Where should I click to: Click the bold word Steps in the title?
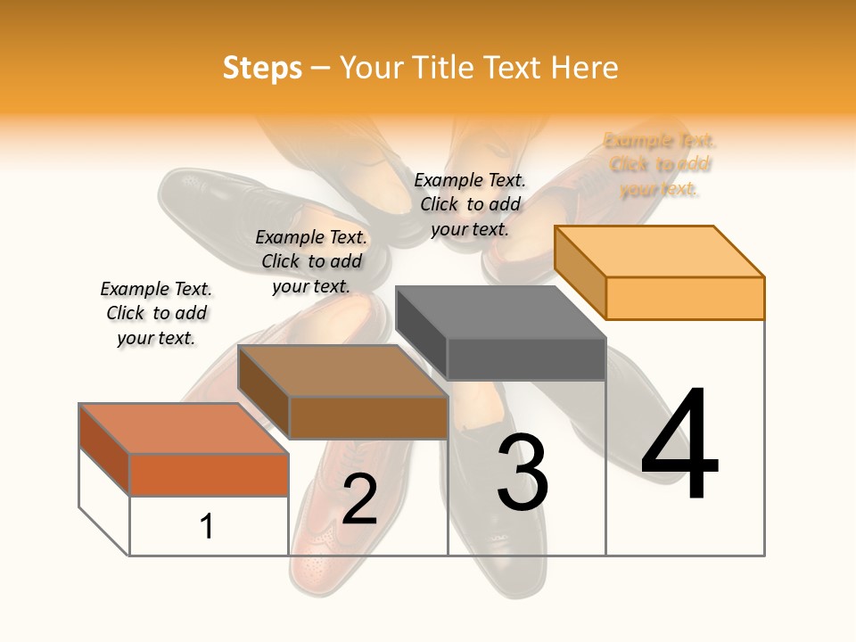point(262,68)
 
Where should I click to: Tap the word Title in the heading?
point(442,68)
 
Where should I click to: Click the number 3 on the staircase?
point(523,473)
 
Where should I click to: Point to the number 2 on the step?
point(359,499)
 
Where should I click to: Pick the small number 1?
point(207,526)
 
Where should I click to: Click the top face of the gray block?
point(499,312)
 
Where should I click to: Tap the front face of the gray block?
point(526,359)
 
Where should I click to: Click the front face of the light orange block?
point(685,298)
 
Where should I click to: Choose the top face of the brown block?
point(342,370)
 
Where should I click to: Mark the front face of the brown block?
point(368,417)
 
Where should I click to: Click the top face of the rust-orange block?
point(183,428)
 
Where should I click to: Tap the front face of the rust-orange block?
point(209,474)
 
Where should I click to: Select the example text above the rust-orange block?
point(156,313)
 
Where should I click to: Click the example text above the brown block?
point(311,261)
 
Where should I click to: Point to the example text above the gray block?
point(470,204)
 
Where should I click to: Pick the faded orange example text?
point(660,165)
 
